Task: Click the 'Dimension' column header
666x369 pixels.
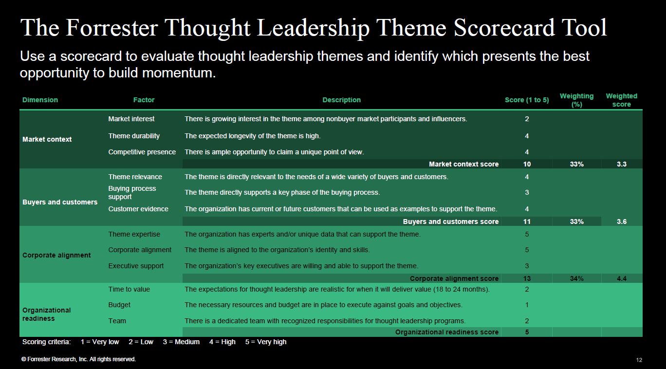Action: point(40,100)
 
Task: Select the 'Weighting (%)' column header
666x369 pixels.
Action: point(576,100)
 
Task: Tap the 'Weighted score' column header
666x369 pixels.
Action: point(621,100)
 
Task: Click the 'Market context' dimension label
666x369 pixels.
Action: point(47,139)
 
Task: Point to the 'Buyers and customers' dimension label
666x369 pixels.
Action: point(60,202)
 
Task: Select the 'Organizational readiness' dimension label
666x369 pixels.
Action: point(46,314)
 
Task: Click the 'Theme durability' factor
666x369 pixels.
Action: point(134,136)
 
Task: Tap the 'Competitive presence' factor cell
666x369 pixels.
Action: point(142,152)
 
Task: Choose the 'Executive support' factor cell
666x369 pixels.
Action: point(136,266)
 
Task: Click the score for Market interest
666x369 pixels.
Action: point(527,119)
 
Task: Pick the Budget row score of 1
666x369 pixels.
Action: point(527,305)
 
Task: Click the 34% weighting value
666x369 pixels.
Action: point(577,278)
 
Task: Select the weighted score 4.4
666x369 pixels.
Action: point(622,278)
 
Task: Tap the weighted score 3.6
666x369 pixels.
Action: point(622,221)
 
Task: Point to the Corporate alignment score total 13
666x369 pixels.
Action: point(527,278)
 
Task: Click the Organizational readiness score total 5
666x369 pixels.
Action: point(527,332)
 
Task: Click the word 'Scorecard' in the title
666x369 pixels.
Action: point(504,28)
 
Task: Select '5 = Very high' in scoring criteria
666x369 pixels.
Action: point(266,342)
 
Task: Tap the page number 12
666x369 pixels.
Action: point(639,360)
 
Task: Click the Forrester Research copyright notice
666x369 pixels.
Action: point(78,359)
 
